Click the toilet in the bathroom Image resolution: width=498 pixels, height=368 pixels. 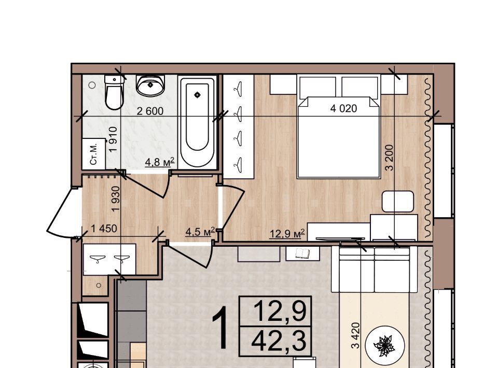(114, 92)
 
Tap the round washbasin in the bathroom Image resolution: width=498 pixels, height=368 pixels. (150, 86)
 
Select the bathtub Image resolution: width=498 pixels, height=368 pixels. (197, 122)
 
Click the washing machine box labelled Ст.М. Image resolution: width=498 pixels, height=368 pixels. (94, 154)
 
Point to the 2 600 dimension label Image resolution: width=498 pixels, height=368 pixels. (150, 111)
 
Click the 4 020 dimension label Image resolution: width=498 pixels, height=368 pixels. (343, 108)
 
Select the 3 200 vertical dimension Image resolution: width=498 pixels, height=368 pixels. (390, 158)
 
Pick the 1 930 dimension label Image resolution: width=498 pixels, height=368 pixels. (116, 199)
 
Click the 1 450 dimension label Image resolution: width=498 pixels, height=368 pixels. (104, 229)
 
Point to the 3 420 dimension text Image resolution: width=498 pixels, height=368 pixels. (356, 335)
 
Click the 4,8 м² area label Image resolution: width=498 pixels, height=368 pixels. (160, 162)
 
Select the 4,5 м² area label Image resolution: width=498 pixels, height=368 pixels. (200, 232)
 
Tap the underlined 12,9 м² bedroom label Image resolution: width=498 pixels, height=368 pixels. (287, 234)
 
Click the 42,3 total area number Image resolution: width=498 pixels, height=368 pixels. (279, 341)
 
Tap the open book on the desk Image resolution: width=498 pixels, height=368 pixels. (302, 253)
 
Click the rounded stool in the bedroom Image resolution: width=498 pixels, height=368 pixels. (398, 202)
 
